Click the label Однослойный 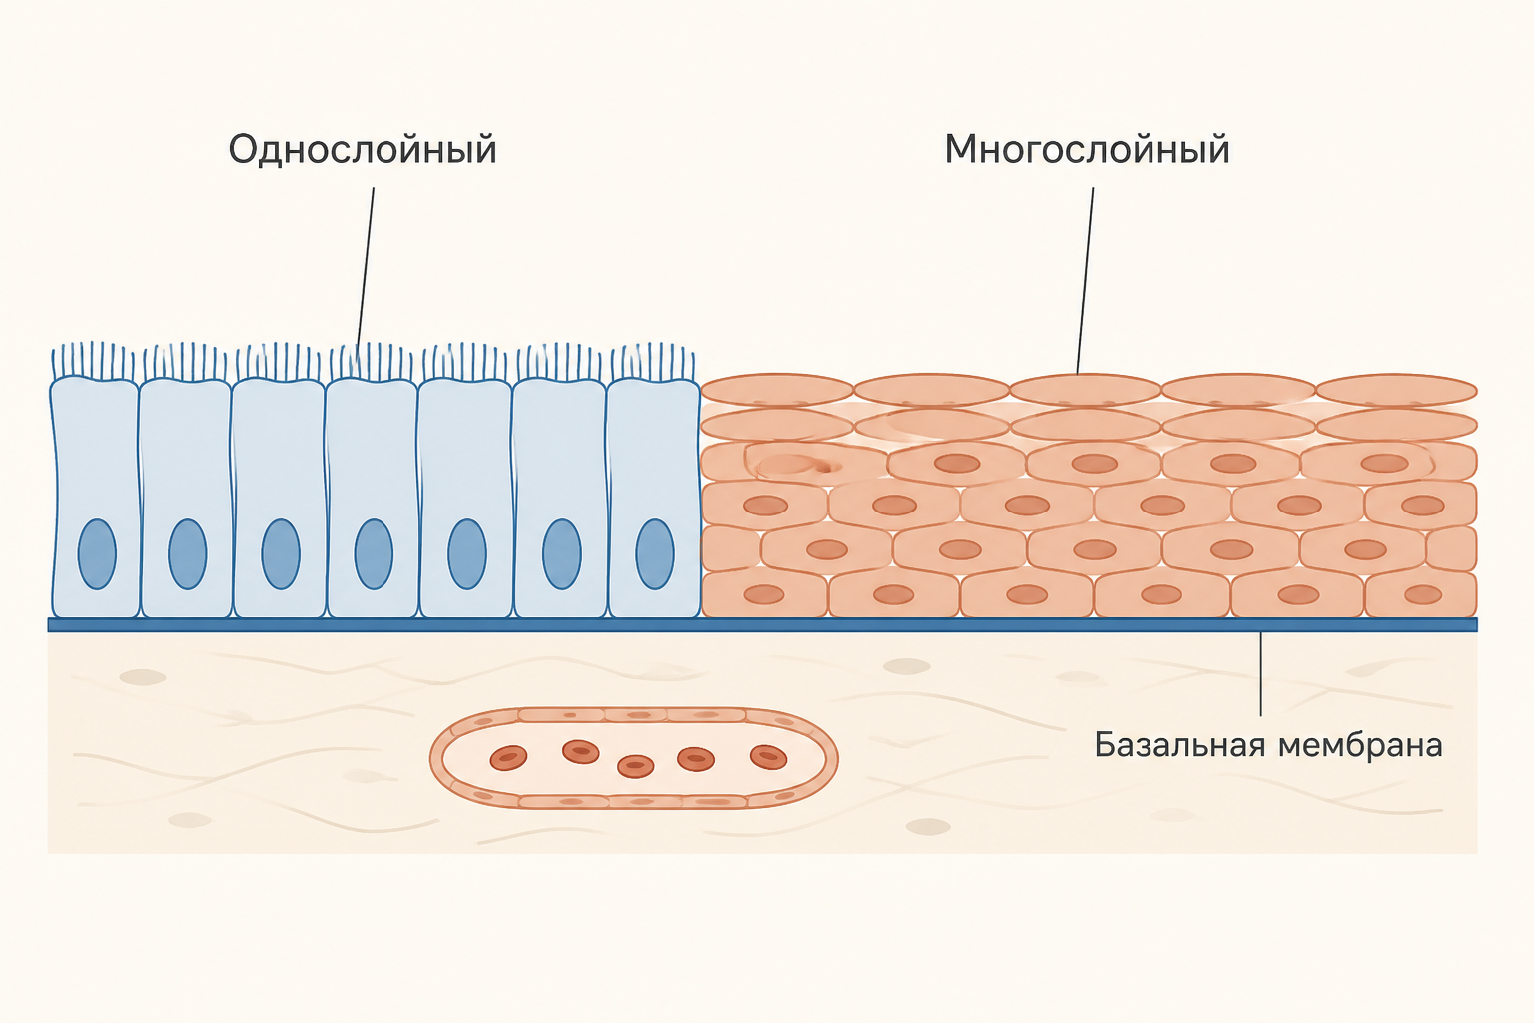[363, 149]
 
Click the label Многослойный [1087, 149]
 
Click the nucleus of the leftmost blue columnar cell [97, 554]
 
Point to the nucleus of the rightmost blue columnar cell [655, 554]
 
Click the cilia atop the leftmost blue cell [94, 361]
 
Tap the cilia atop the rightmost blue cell [653, 361]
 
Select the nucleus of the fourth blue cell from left [374, 554]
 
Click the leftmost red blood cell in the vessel [508, 758]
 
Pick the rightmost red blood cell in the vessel [768, 757]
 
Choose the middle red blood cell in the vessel [635, 766]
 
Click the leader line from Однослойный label [365, 268]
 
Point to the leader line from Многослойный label [1085, 281]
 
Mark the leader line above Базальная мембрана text [1260, 674]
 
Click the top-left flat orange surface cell [777, 390]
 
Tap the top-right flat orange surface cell [1396, 390]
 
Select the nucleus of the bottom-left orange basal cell [764, 594]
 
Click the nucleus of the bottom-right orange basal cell [1423, 594]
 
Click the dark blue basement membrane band [762, 625]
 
